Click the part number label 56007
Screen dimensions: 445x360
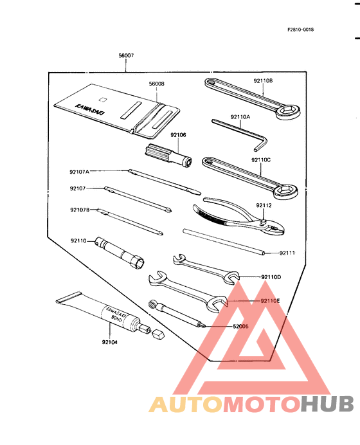[126, 56]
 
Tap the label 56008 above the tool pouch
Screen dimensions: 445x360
[157, 84]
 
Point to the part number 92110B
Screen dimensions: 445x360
[263, 80]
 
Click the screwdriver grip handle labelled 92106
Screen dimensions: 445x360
[168, 156]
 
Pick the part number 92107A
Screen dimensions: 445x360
[79, 172]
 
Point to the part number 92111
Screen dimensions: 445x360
[288, 253]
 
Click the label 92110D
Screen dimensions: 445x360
[271, 277]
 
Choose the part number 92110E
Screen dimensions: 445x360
[271, 300]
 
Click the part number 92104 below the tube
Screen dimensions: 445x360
[110, 343]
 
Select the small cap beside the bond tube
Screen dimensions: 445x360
[159, 334]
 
